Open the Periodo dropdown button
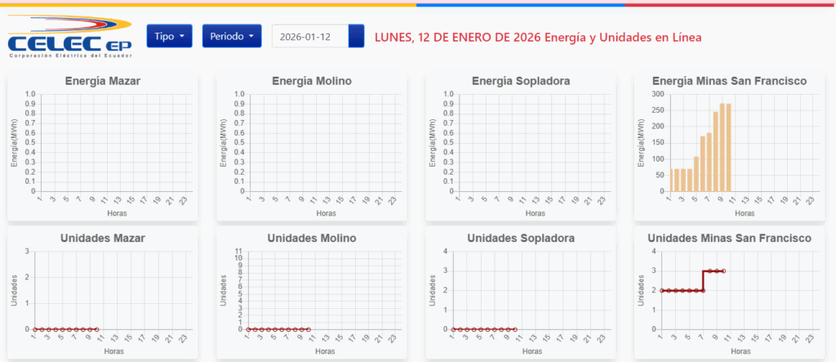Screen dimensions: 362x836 pyautogui.click(x=232, y=36)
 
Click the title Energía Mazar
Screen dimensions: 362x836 pyautogui.click(x=102, y=81)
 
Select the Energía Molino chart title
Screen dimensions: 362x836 pyautogui.click(x=311, y=81)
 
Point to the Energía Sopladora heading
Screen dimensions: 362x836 pyautogui.click(x=521, y=81)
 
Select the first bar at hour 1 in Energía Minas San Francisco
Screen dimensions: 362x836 pyautogui.click(x=673, y=180)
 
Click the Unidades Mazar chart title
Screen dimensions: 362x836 pyautogui.click(x=102, y=238)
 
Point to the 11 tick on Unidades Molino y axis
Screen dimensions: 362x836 pyautogui.click(x=238, y=251)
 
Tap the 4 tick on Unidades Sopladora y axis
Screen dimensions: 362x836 pyautogui.click(x=445, y=251)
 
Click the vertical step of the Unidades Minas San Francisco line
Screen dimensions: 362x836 pyautogui.click(x=703, y=280)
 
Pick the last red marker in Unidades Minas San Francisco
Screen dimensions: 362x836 pyautogui.click(x=723, y=270)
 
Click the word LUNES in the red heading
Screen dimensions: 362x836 pyautogui.click(x=393, y=37)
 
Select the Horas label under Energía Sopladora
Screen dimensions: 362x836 pyautogui.click(x=535, y=213)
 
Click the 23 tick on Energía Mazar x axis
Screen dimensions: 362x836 pyautogui.click(x=184, y=199)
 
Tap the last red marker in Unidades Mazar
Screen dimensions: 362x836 pyautogui.click(x=96, y=329)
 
